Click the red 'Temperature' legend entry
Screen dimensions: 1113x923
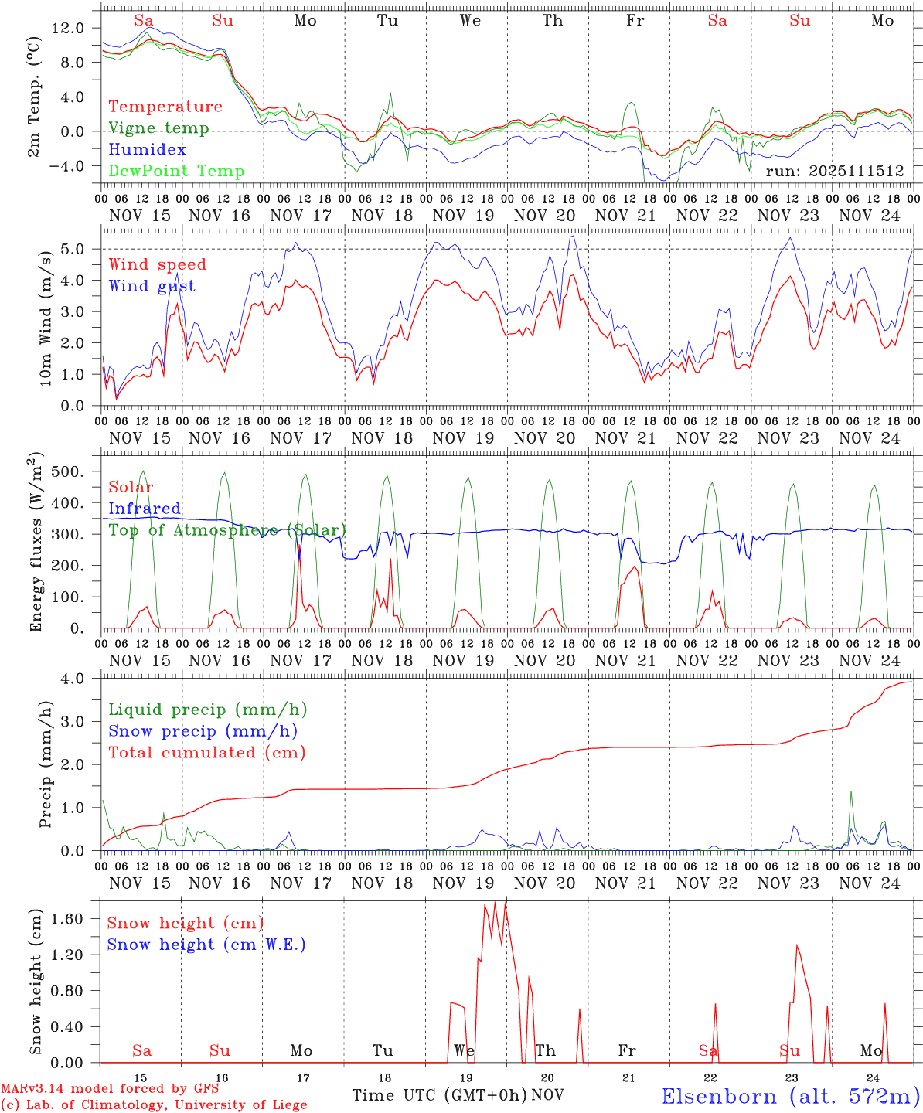click(165, 107)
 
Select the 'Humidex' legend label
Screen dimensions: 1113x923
click(148, 150)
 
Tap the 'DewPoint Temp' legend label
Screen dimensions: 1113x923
click(176, 172)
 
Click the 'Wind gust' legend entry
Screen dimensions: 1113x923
click(152, 286)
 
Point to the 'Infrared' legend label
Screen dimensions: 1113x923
click(145, 509)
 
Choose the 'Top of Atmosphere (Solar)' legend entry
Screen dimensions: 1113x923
click(227, 530)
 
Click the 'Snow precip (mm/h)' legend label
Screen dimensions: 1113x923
click(203, 731)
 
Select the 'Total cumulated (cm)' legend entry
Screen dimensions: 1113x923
click(207, 753)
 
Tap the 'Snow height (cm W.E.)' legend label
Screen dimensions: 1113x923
click(206, 945)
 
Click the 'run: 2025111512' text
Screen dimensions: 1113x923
click(835, 172)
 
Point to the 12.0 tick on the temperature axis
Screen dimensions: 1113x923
click(68, 29)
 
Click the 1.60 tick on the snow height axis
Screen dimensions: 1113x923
click(68, 919)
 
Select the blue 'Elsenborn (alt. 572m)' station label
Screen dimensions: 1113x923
click(791, 1096)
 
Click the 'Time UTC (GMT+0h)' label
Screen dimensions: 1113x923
click(439, 1095)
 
